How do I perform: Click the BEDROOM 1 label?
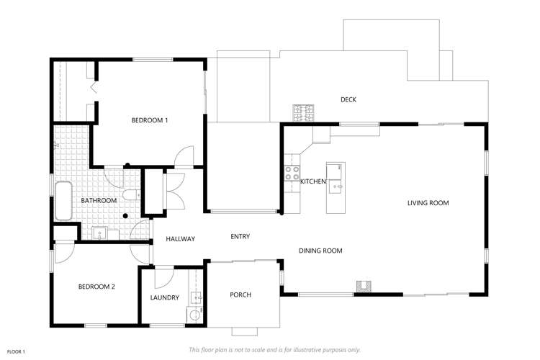tap(150, 120)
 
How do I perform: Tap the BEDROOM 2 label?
tap(96, 287)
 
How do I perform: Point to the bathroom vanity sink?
tap(100, 231)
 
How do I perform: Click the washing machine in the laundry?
tap(194, 314)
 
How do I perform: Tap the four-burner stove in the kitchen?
tap(293, 173)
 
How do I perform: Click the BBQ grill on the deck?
tap(303, 112)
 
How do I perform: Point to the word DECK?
tap(348, 99)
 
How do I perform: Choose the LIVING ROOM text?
tap(428, 203)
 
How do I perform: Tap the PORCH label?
tap(240, 294)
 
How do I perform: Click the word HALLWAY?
tap(180, 239)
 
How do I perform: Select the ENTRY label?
tap(240, 236)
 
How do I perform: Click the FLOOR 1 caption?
tap(17, 351)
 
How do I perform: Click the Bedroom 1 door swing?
tap(186, 156)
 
